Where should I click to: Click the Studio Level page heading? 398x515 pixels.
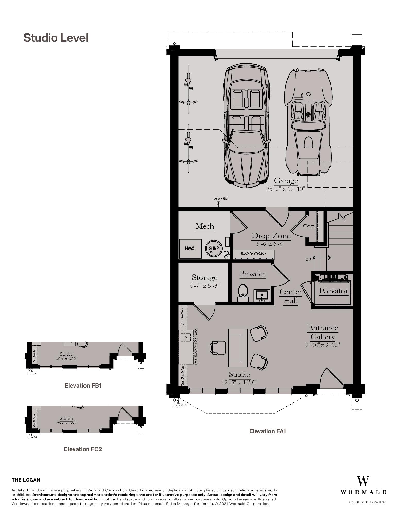tap(56, 38)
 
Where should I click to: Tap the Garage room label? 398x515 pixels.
tap(286, 181)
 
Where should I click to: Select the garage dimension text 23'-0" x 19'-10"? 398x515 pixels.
tap(285, 189)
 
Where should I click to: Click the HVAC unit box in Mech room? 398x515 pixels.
tap(190, 248)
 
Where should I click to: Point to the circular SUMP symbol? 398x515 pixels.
tap(214, 248)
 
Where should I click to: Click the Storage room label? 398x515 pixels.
tap(205, 278)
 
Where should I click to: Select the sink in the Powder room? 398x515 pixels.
tap(262, 295)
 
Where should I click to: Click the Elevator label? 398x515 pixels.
tap(334, 291)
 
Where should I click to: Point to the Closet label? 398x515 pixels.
tap(308, 226)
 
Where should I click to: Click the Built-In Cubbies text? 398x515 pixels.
tap(253, 254)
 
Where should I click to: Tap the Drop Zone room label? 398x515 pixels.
tap(271, 236)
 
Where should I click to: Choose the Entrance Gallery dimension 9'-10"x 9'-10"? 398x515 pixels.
tap(323, 345)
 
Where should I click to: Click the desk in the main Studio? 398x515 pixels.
tap(238, 348)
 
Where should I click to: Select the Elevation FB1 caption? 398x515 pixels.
tap(83, 385)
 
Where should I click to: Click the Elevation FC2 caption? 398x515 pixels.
tap(83, 449)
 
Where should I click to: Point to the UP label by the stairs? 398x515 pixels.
tap(308, 260)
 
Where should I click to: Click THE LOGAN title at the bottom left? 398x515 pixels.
tap(26, 480)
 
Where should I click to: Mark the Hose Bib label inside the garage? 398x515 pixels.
tap(221, 199)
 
